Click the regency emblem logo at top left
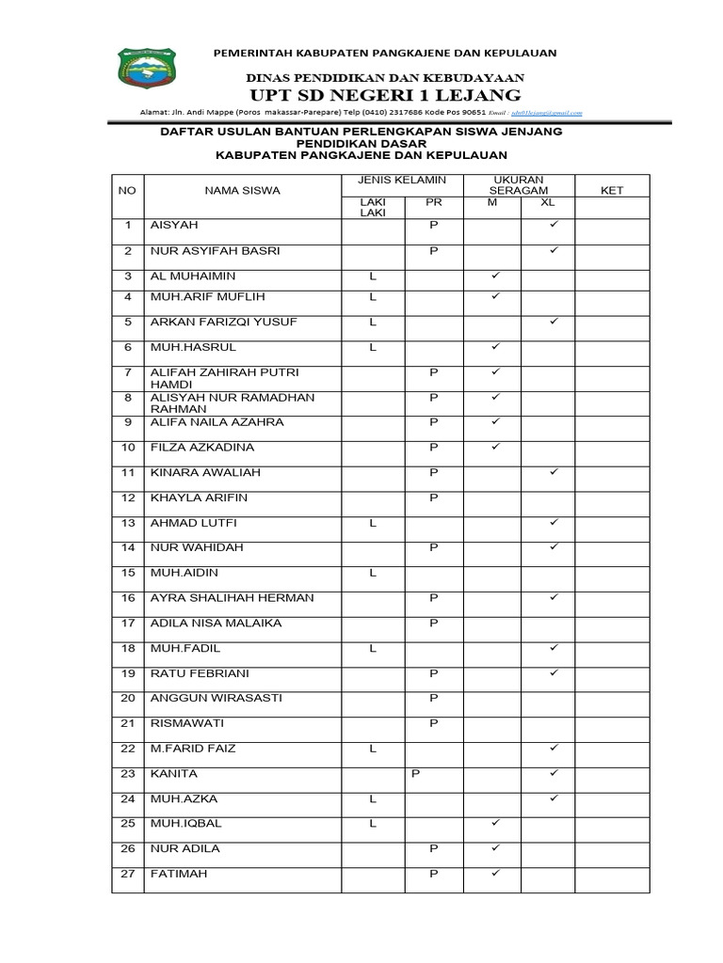pyautogui.click(x=147, y=71)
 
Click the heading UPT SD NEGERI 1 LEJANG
pyautogui.click(x=384, y=95)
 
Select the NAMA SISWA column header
pyautogui.click(x=243, y=191)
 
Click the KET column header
pyautogui.click(x=612, y=191)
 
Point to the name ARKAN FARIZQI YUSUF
pyautogui.click(x=223, y=322)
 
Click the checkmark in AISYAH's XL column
pyautogui.click(x=554, y=226)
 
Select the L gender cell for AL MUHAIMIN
pyautogui.click(x=373, y=276)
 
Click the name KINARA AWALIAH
pyautogui.click(x=205, y=472)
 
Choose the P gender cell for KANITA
pyautogui.click(x=415, y=774)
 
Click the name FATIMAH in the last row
pyautogui.click(x=179, y=874)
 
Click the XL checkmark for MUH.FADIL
pyautogui.click(x=554, y=648)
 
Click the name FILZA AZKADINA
pyautogui.click(x=202, y=447)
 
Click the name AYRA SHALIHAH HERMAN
pyautogui.click(x=233, y=597)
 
